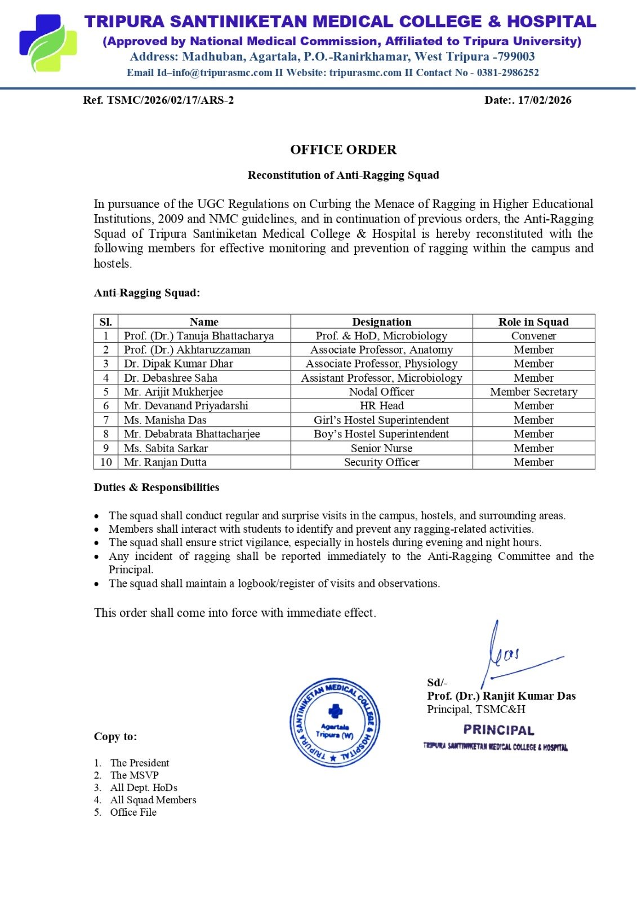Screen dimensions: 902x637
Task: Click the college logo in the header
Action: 48,43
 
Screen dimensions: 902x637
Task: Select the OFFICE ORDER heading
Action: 343,150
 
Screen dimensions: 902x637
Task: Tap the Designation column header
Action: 381,322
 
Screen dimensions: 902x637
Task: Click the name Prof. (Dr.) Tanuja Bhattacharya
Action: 199,336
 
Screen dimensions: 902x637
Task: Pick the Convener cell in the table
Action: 533,336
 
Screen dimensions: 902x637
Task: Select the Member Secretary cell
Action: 533,392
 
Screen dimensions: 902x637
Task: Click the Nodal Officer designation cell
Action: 381,392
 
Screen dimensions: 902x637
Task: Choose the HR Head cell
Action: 381,406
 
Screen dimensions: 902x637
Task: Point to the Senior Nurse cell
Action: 381,448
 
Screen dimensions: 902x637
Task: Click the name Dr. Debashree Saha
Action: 171,378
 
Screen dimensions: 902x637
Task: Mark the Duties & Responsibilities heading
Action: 157,488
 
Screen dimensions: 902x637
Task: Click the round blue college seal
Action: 335,722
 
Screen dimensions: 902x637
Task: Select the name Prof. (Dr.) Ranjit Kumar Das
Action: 501,696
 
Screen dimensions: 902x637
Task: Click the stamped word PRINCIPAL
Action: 498,731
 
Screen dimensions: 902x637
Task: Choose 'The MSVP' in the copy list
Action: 135,775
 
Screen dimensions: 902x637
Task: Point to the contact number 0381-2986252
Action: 507,73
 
